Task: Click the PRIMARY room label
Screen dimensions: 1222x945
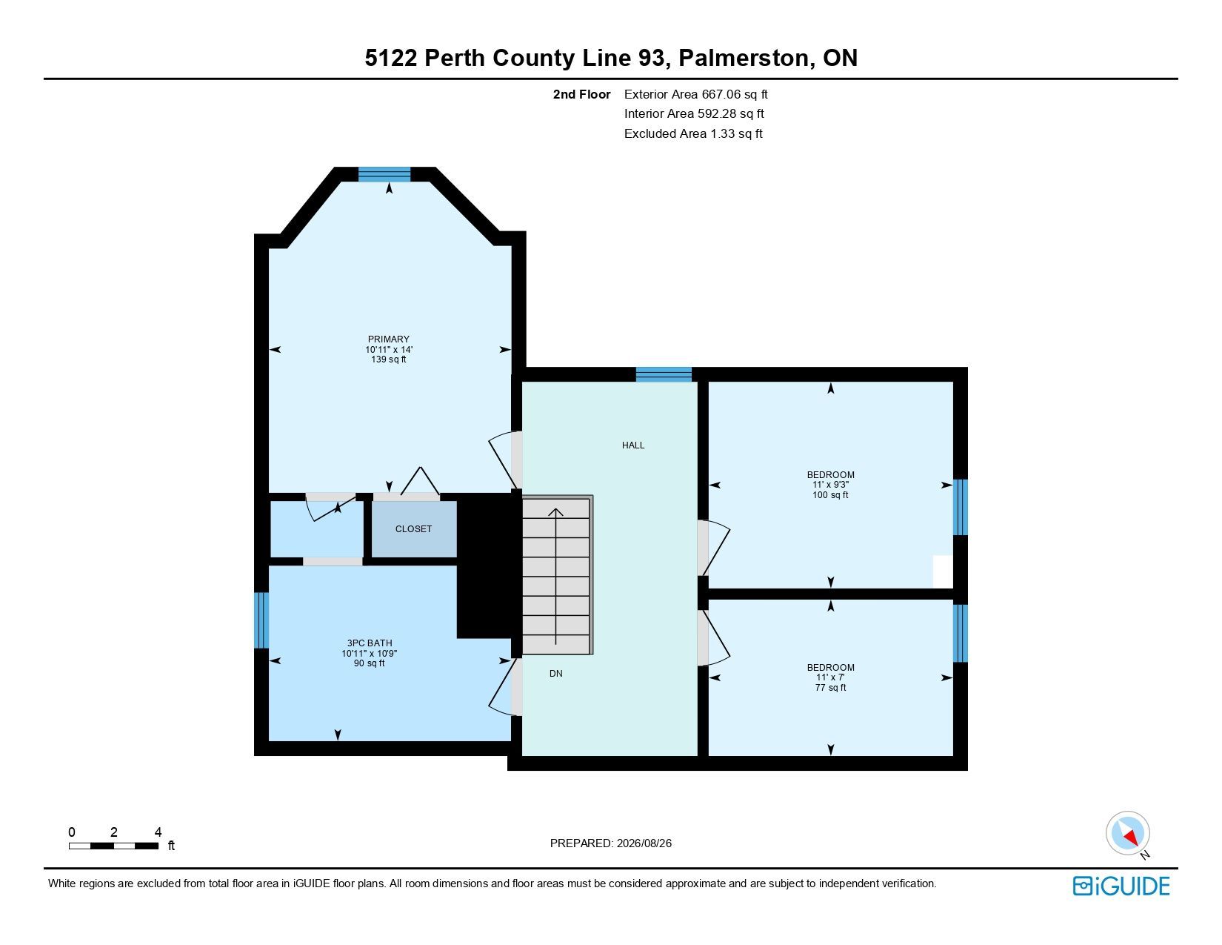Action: (388, 339)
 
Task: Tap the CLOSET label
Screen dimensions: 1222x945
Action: (413, 528)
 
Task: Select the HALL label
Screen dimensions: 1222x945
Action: (632, 445)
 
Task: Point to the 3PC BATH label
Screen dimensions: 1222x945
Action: (370, 643)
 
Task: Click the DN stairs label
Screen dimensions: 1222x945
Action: (555, 673)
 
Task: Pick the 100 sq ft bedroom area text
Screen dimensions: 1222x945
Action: (830, 494)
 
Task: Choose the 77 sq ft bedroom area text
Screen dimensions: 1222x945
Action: (830, 687)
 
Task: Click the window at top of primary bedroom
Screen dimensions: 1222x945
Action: (384, 174)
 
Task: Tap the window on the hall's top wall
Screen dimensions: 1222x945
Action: (664, 374)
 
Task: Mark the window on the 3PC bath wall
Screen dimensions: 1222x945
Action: (261, 620)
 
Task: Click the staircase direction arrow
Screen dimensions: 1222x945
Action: (555, 577)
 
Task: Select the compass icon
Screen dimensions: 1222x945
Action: (1127, 833)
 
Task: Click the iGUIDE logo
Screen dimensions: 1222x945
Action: (1121, 886)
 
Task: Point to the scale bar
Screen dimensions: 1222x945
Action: (113, 846)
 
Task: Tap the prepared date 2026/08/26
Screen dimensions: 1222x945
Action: (644, 843)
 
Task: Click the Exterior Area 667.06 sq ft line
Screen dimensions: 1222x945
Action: (695, 95)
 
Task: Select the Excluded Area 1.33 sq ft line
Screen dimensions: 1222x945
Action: (692, 133)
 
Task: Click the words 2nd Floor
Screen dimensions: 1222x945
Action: (581, 95)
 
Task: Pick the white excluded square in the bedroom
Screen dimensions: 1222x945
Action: (943, 572)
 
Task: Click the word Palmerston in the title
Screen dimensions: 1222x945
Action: (744, 58)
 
